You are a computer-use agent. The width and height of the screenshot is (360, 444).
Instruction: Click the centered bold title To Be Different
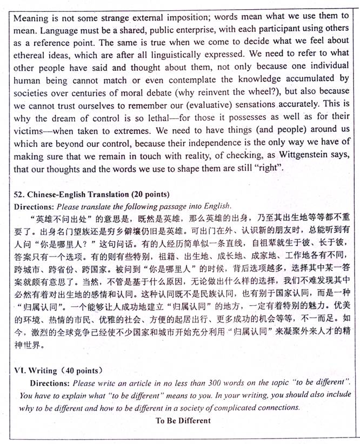pos(183,420)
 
